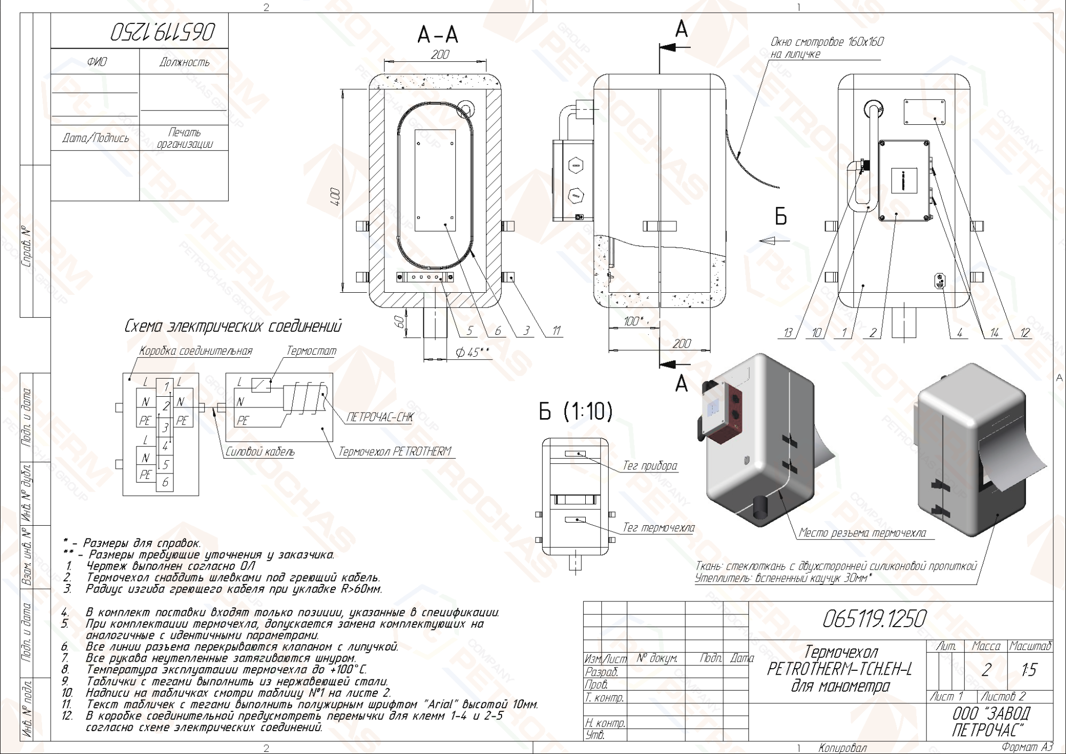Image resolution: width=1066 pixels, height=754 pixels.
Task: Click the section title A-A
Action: [x=438, y=35]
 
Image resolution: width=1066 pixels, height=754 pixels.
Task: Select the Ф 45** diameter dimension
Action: [x=472, y=352]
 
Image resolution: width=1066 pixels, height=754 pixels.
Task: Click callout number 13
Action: [x=788, y=333]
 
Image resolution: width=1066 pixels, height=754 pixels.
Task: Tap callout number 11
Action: [x=556, y=331]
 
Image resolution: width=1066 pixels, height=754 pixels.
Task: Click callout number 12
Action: [x=1024, y=333]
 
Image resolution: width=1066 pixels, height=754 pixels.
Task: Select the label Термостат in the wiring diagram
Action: [x=311, y=351]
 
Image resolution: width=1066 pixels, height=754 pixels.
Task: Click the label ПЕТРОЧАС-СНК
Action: [x=379, y=417]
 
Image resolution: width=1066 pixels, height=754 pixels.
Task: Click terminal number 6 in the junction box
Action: [x=165, y=482]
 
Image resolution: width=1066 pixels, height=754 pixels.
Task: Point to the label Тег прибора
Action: [x=650, y=466]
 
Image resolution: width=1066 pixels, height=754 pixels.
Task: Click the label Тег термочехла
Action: [x=659, y=527]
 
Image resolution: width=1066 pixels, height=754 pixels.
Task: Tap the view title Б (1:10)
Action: [x=576, y=411]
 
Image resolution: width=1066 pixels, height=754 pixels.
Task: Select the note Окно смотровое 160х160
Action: [x=827, y=42]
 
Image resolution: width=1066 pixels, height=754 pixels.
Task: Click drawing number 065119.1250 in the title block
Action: [x=874, y=619]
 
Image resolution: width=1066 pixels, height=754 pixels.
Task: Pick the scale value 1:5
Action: [x=1029, y=670]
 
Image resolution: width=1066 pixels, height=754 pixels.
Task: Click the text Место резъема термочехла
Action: [x=862, y=533]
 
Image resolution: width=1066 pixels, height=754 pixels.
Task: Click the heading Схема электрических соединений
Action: [x=233, y=326]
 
